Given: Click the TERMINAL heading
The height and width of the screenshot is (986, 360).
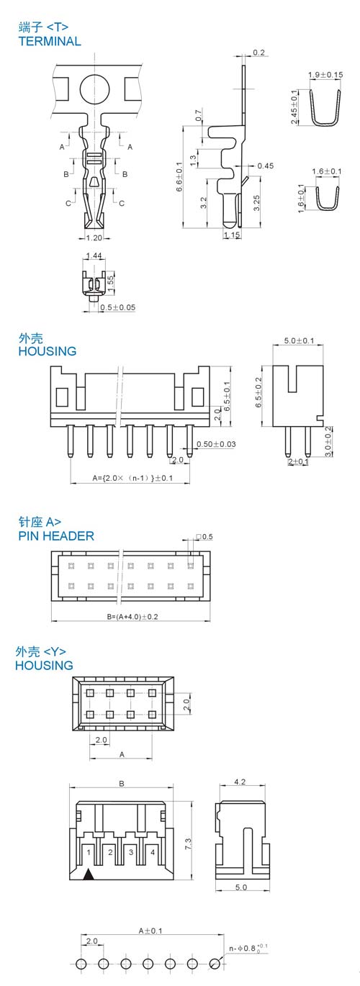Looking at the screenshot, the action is click(x=50, y=41).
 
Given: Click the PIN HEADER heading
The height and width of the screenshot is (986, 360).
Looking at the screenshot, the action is click(x=56, y=536).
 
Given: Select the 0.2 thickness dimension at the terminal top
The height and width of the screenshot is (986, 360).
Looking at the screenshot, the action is click(x=258, y=53).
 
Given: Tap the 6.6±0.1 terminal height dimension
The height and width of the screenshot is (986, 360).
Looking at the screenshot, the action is click(x=179, y=176).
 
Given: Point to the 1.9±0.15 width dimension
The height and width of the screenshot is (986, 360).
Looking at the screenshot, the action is click(x=325, y=75).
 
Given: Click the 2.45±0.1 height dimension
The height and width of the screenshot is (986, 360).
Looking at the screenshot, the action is click(x=294, y=107).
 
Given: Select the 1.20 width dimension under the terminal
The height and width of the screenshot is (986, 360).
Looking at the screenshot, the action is click(x=94, y=238).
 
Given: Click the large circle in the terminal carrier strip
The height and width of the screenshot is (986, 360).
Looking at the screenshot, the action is click(x=94, y=89).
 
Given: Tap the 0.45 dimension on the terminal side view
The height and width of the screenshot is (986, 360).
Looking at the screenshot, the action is click(x=266, y=166).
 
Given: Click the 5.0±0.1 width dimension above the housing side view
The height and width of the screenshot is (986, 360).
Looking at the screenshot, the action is click(x=299, y=340).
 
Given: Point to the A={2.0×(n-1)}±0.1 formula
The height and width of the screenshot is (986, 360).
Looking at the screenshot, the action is click(x=132, y=478).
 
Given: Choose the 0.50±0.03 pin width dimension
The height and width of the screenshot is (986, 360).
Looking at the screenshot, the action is click(x=216, y=444).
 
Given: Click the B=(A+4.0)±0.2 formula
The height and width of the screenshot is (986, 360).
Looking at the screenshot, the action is click(x=132, y=617).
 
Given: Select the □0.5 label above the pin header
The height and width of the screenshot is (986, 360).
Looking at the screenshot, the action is click(x=204, y=537).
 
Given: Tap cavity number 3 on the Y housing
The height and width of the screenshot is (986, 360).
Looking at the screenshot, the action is click(x=131, y=852).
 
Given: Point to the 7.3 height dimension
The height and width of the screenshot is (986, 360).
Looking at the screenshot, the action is click(x=188, y=843).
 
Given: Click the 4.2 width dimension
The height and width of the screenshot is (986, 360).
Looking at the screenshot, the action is click(x=240, y=782).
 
